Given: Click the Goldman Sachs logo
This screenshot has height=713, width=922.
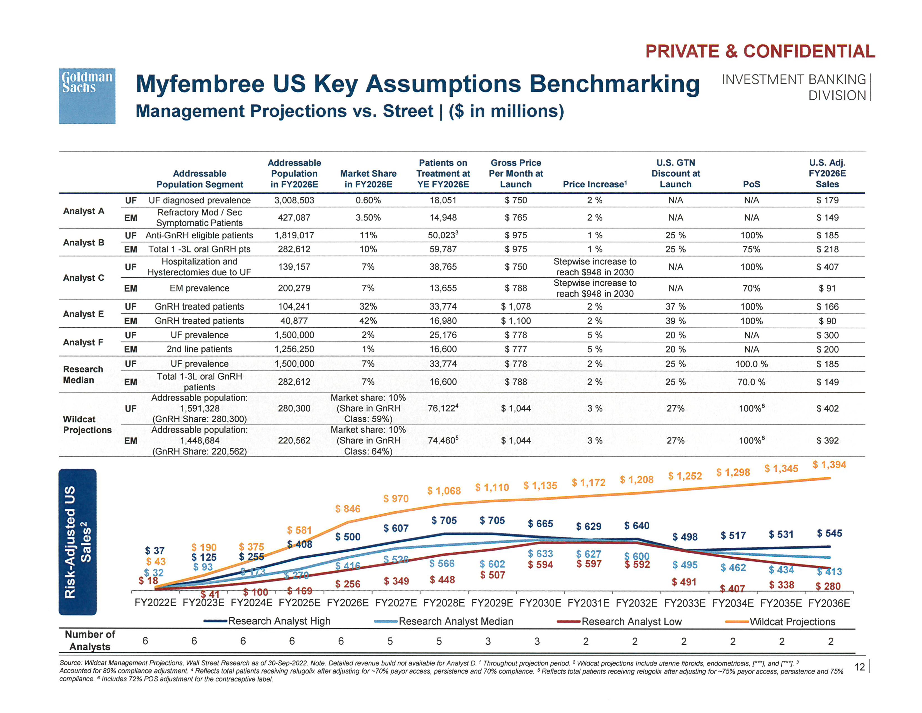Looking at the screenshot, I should tap(87, 96).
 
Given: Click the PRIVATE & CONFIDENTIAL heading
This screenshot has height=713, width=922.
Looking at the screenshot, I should tap(760, 51).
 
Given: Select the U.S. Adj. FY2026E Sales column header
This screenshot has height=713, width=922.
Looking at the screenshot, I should tap(827, 174).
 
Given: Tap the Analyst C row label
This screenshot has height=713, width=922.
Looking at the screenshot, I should tap(84, 278).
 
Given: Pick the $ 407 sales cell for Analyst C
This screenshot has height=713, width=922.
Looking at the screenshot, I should tap(827, 267).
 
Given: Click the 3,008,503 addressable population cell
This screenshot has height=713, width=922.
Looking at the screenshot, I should tap(294, 200).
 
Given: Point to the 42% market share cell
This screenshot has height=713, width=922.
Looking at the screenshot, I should tap(368, 321).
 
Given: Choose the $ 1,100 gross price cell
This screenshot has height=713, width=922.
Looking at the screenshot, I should tap(516, 321).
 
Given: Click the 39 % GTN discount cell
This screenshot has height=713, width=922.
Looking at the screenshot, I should tap(676, 321).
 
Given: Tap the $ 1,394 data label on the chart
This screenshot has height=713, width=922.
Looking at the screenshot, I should tap(829, 465).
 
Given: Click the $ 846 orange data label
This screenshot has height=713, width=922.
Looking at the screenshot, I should tap(348, 509).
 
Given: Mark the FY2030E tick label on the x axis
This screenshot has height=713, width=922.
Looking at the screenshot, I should tap(540, 603).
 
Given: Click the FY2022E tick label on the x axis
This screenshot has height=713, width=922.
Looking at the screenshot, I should tap(155, 603).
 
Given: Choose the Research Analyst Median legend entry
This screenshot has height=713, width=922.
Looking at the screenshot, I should tap(455, 621).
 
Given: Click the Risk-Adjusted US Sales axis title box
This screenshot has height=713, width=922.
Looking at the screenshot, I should tap(78, 542).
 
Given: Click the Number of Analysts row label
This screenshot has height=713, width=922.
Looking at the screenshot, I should tap(90, 640).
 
